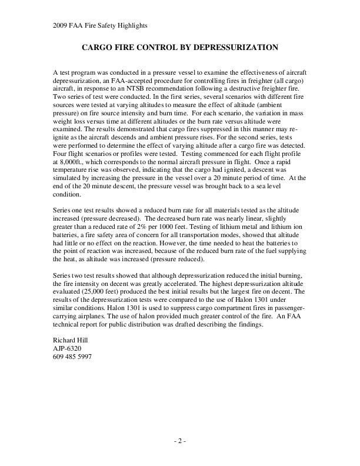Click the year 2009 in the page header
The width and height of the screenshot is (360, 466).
click(x=61, y=25)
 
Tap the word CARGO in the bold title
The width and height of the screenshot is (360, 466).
click(x=99, y=46)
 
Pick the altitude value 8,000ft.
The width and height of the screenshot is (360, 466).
click(x=68, y=177)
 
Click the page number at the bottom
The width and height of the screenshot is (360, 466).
click(x=180, y=441)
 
